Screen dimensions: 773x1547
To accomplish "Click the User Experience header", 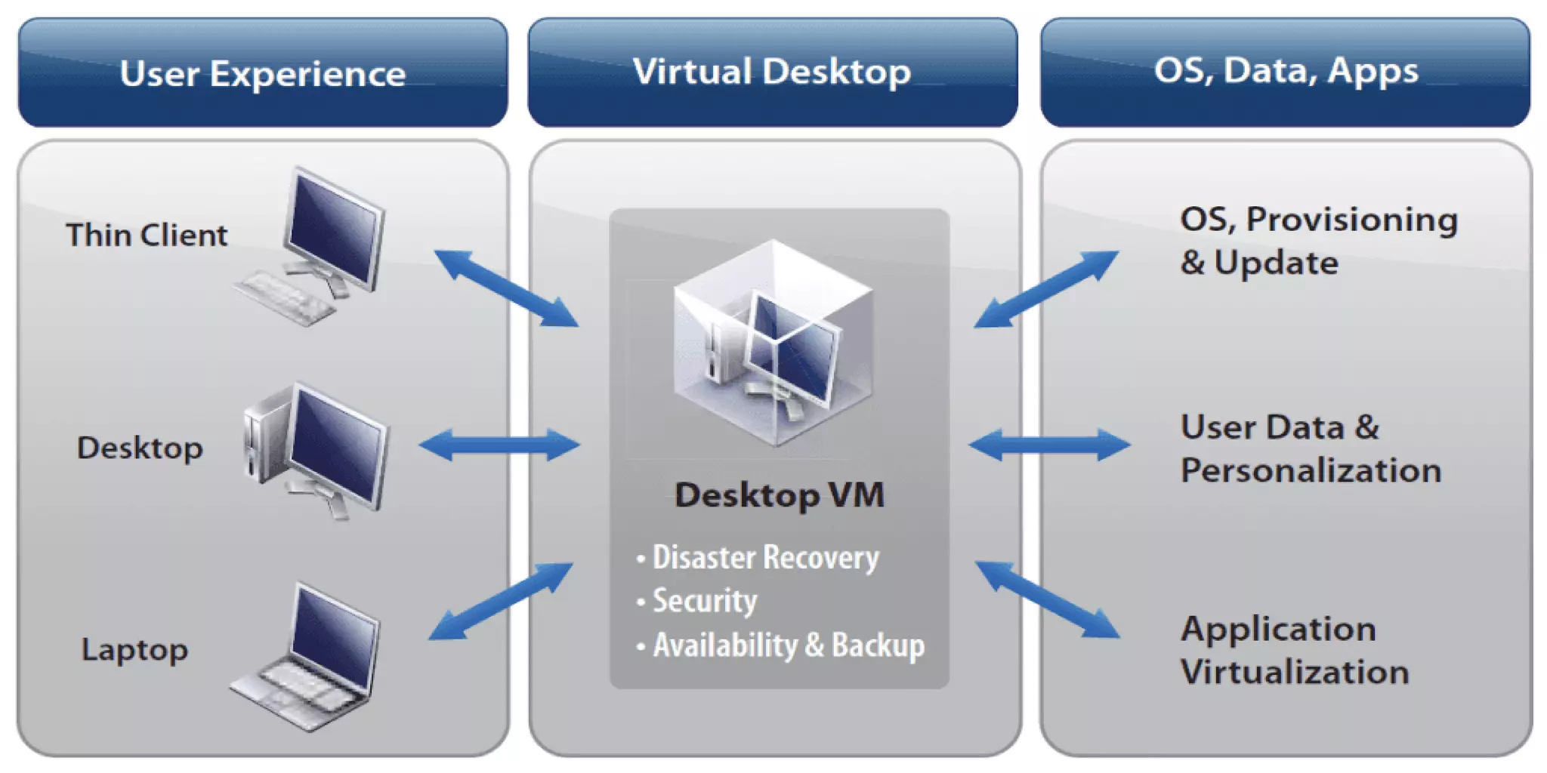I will click(x=262, y=73).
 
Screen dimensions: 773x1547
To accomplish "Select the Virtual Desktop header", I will click(x=772, y=72).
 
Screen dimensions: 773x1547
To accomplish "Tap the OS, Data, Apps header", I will click(x=1286, y=71).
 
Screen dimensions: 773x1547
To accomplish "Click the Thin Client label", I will click(x=147, y=235).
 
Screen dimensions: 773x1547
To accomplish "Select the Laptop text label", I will click(x=134, y=650).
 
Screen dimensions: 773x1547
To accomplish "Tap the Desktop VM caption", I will click(x=779, y=495).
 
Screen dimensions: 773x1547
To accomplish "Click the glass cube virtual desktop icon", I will click(x=773, y=343).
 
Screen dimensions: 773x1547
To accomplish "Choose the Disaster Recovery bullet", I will click(x=764, y=558).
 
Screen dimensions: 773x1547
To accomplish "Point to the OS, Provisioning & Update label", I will click(x=1318, y=241).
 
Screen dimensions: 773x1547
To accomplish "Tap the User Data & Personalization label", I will click(x=1311, y=448).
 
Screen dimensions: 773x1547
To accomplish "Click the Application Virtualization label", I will click(x=1295, y=650).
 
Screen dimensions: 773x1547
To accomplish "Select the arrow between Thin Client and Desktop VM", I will click(x=506, y=288).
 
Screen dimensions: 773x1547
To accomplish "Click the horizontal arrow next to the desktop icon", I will click(x=499, y=445).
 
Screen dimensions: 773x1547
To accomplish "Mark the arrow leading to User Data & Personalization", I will click(x=1049, y=445).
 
